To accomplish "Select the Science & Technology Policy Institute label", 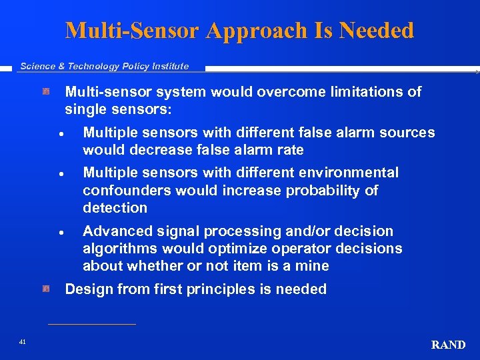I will [105, 66].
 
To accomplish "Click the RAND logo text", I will [448, 345].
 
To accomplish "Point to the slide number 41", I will [23, 342].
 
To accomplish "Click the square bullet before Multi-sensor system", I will [47, 91].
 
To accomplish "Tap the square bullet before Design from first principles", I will [47, 289].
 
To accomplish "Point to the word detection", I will [115, 208].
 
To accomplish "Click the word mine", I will [313, 266].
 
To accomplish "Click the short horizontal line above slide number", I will [92, 324].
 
